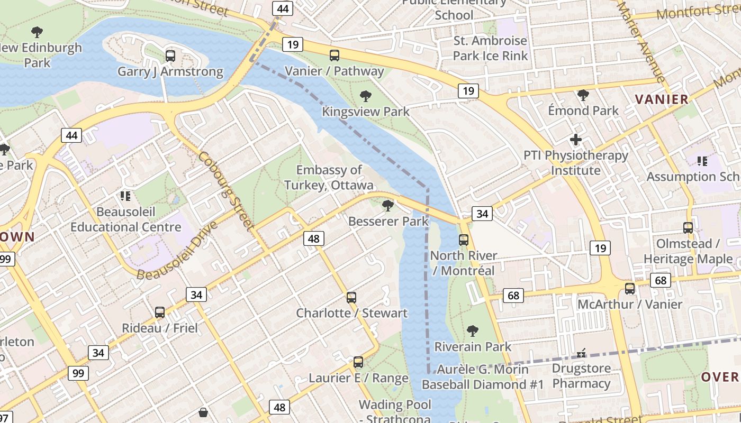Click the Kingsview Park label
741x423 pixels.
(x=366, y=112)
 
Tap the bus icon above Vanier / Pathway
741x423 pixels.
(x=335, y=56)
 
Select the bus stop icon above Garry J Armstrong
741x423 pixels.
(x=170, y=56)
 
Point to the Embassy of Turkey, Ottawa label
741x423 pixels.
(x=329, y=178)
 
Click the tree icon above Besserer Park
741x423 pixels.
(x=388, y=205)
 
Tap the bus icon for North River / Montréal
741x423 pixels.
(x=464, y=240)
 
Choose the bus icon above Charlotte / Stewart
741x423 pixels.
(x=351, y=298)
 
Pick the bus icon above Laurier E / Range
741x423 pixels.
(x=358, y=362)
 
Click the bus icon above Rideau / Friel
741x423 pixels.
(x=160, y=312)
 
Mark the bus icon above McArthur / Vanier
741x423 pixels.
(x=630, y=289)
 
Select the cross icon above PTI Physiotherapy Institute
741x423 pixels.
(x=576, y=140)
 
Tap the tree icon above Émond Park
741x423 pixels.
(x=583, y=95)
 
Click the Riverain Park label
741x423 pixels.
(x=473, y=347)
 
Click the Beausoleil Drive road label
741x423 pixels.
(x=177, y=251)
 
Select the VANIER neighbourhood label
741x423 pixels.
(x=662, y=99)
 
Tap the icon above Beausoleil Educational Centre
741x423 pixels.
(x=125, y=196)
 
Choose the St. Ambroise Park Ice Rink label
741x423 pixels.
(x=491, y=48)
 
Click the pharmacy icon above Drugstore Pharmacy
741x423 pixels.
(x=581, y=353)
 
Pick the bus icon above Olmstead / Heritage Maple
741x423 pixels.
(x=688, y=228)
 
